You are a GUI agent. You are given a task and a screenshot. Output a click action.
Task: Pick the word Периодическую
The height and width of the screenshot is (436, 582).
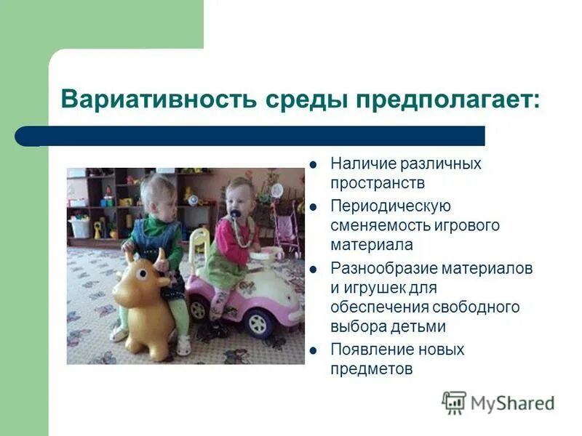[391, 206]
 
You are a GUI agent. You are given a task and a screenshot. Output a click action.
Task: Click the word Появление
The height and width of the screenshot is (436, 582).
[366, 350]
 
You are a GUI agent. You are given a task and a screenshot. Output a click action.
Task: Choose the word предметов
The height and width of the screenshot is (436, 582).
[372, 369]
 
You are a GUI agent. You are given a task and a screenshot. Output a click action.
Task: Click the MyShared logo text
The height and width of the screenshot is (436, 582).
[512, 403]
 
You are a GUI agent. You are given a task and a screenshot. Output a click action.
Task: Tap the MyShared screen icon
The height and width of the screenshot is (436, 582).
[454, 403]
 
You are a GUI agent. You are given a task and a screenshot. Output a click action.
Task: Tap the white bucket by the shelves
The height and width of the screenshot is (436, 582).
[79, 228]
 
